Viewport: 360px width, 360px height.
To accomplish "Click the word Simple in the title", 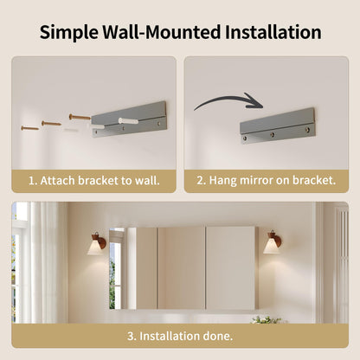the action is [x=68, y=33].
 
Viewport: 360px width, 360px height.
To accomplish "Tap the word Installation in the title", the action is [x=273, y=32].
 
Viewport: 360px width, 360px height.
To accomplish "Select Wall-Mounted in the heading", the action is [x=162, y=32].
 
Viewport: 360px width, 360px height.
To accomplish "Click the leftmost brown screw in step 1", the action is [x=29, y=128].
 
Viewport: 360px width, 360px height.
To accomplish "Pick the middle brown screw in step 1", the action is [x=51, y=124].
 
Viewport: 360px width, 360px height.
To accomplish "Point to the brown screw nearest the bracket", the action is [x=80, y=118].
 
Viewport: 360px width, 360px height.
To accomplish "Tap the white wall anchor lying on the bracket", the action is [x=129, y=120].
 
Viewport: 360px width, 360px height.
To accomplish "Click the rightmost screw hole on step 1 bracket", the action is [x=158, y=124].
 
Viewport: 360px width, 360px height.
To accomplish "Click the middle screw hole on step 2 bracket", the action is [x=272, y=134].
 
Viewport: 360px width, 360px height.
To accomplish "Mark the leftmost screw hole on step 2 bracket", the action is [x=245, y=138].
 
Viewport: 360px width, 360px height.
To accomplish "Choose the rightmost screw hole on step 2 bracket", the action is [x=307, y=130].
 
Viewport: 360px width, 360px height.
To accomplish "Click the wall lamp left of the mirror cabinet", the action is [x=96, y=244].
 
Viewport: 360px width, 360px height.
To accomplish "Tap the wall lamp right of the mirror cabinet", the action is [x=273, y=242].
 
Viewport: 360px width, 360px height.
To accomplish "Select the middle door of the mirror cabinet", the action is [x=182, y=268].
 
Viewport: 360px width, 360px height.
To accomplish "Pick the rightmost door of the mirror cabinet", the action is [x=230, y=268].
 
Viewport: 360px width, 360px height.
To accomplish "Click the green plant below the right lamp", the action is [x=266, y=319].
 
